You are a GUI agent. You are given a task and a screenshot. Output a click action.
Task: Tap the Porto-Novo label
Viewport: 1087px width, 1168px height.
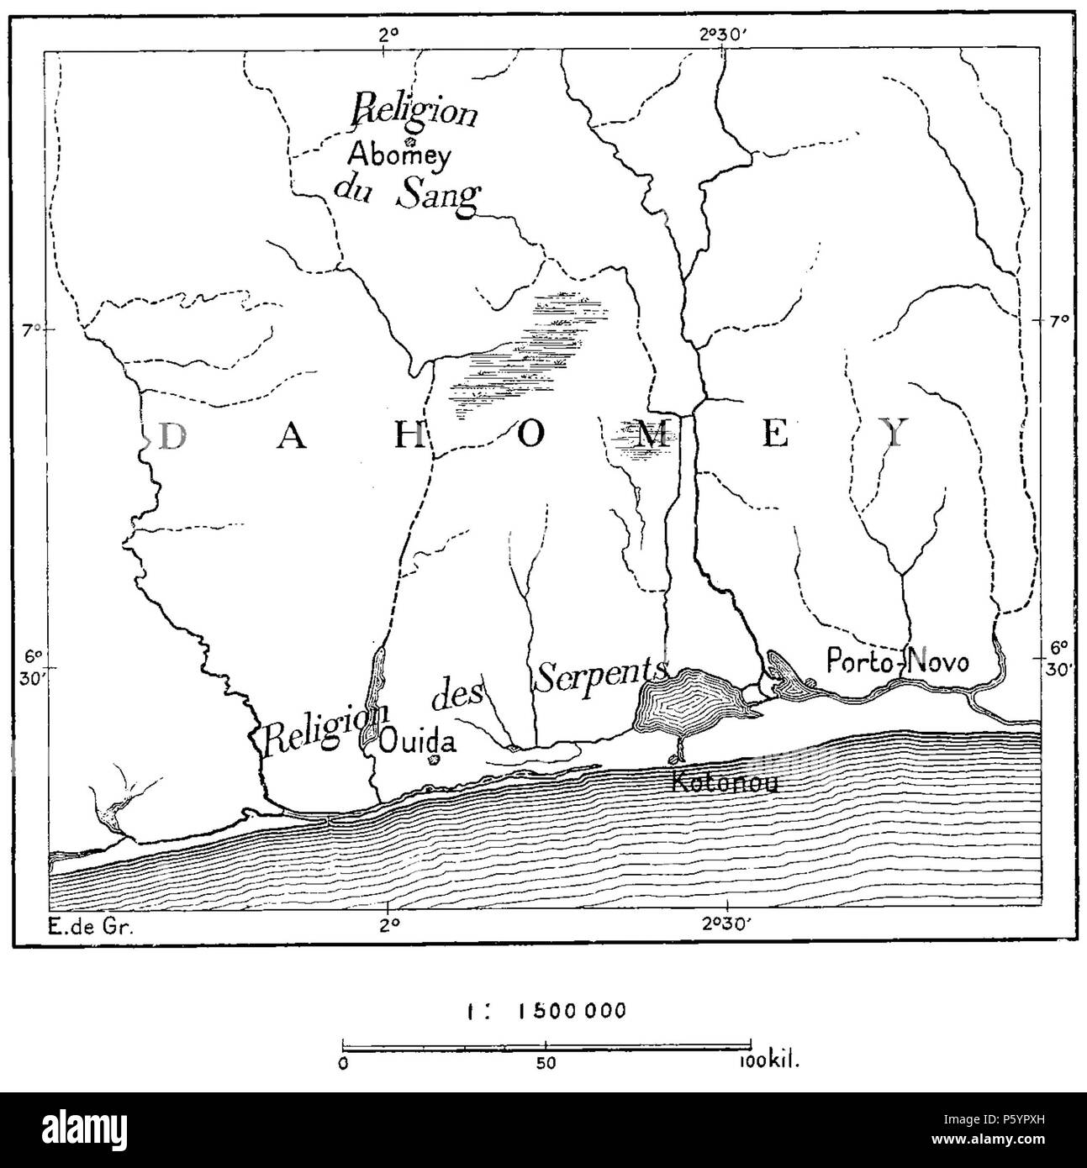[x=897, y=660]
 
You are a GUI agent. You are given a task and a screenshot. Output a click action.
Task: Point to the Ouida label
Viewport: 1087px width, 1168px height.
[x=417, y=741]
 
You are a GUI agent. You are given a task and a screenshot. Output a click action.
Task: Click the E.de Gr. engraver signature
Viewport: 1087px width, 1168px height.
[x=87, y=928]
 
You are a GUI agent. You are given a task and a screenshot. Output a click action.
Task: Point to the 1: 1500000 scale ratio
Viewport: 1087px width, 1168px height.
[x=546, y=1010]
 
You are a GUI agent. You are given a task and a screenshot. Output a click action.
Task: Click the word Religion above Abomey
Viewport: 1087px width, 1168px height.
[x=415, y=111]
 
